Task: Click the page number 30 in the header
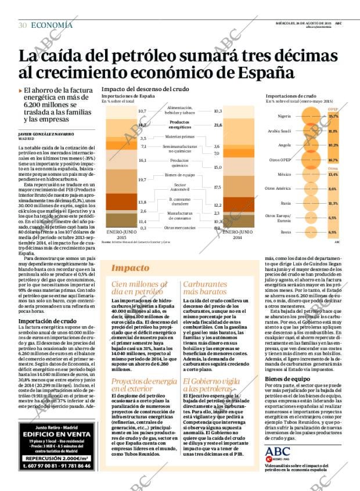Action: (22, 25)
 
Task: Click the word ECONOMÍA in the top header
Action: (52, 25)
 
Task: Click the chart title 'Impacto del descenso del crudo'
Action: (145, 89)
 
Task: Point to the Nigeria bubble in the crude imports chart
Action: (314, 117)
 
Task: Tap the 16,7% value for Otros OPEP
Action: (333, 160)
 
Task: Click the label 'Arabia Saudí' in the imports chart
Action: (279, 131)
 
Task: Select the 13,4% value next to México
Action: (333, 175)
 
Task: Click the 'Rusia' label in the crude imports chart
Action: (285, 203)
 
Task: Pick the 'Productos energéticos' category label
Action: (180, 124)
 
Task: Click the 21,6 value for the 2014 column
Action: (218, 125)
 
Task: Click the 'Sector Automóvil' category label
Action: (180, 187)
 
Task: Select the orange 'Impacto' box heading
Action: (129, 268)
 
